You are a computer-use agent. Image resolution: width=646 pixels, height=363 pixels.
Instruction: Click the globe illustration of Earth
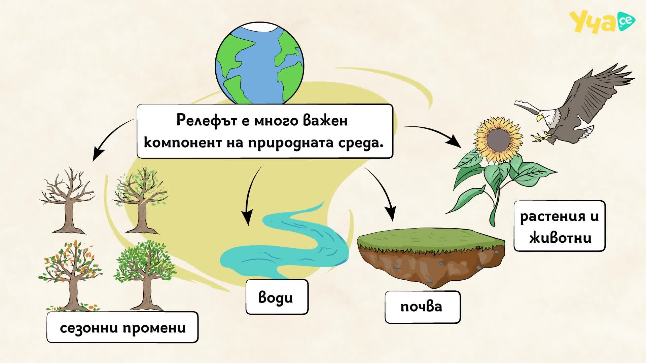(x=259, y=64)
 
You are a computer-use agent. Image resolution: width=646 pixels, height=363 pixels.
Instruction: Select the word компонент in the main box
(x=180, y=143)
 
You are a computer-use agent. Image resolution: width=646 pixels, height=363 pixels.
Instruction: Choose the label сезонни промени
(x=122, y=327)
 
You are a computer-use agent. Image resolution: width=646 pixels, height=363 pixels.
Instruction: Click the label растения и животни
(x=559, y=226)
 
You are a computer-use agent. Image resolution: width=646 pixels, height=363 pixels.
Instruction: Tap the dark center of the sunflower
(x=497, y=140)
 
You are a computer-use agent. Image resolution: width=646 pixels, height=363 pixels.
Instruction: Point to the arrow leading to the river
(x=249, y=195)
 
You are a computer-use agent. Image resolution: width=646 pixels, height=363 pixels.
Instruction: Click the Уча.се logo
(x=602, y=22)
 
